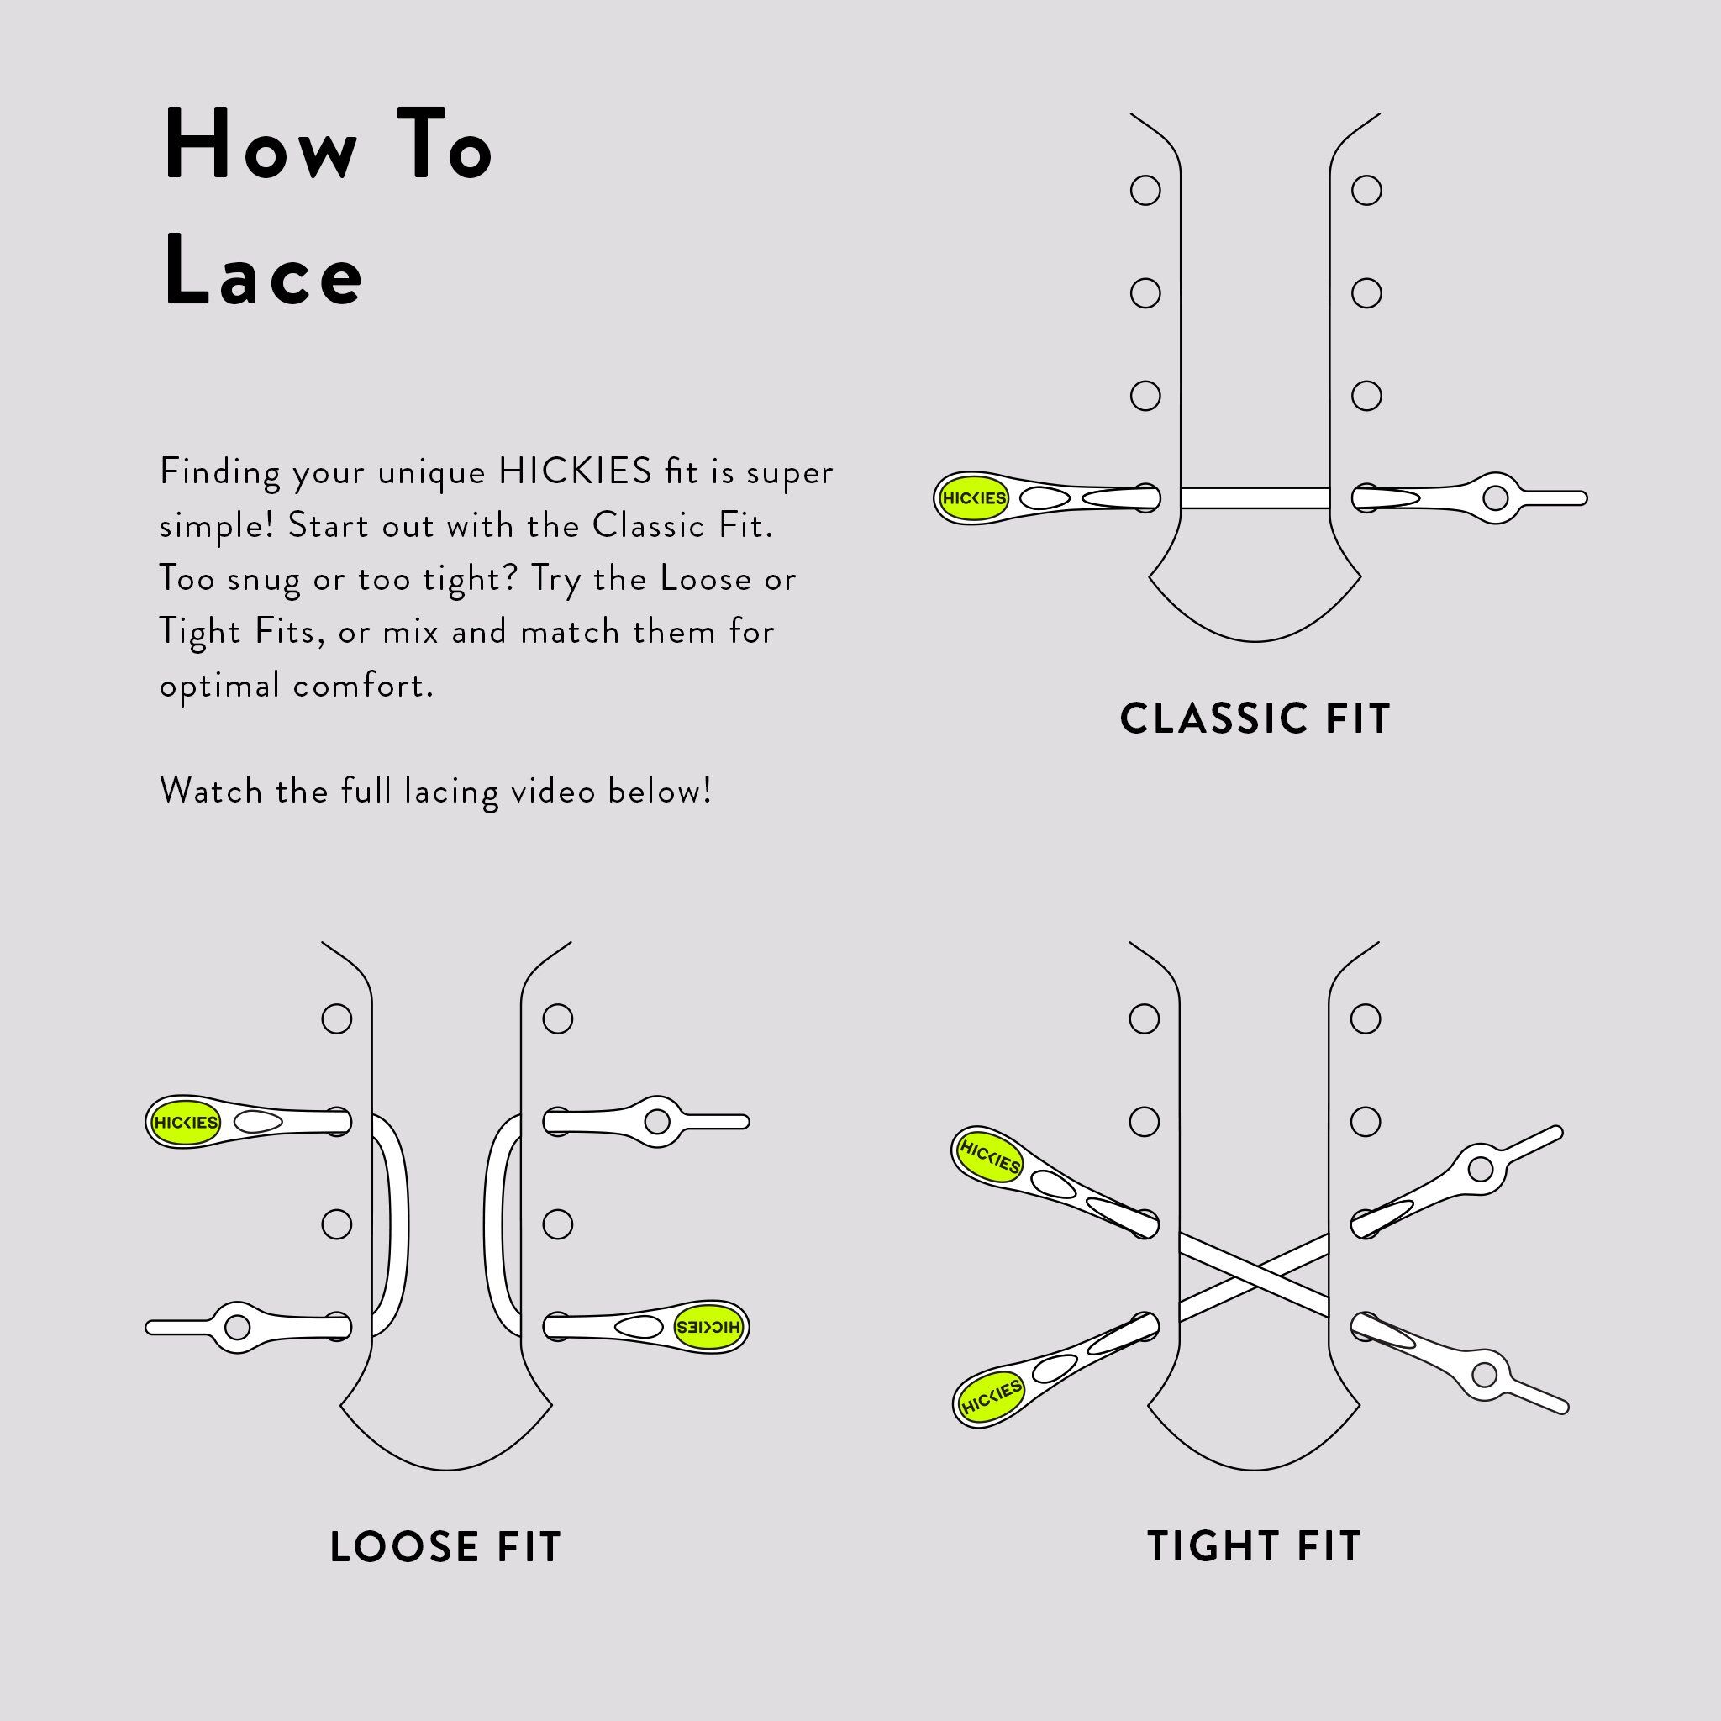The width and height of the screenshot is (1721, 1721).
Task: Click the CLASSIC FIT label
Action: click(1255, 718)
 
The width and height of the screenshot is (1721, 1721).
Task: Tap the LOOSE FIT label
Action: click(445, 1547)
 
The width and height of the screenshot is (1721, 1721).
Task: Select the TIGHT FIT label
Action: click(1255, 1546)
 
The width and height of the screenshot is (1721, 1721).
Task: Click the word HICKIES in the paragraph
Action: click(575, 471)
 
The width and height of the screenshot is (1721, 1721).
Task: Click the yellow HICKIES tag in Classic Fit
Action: click(973, 498)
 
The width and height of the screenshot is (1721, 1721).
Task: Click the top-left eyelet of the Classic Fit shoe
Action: click(1145, 190)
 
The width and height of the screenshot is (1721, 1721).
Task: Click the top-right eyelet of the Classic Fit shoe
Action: click(1366, 190)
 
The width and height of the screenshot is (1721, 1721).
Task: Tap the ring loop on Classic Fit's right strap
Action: click(1496, 497)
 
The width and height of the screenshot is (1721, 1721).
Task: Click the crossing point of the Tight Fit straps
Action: click(1255, 1276)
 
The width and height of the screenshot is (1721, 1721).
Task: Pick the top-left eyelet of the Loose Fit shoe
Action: click(336, 1018)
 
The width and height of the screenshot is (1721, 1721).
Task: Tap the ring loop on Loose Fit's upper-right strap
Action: click(656, 1122)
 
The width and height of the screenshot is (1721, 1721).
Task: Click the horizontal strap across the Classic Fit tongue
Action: click(1255, 497)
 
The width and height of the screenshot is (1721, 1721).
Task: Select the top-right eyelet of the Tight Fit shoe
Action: click(1365, 1018)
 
